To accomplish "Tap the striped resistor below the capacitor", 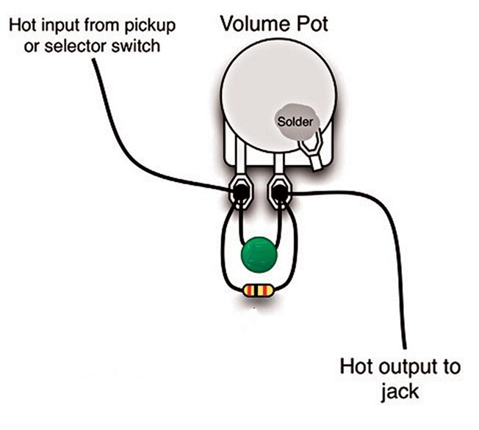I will point(258,291).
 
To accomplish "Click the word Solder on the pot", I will point(295,120).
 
